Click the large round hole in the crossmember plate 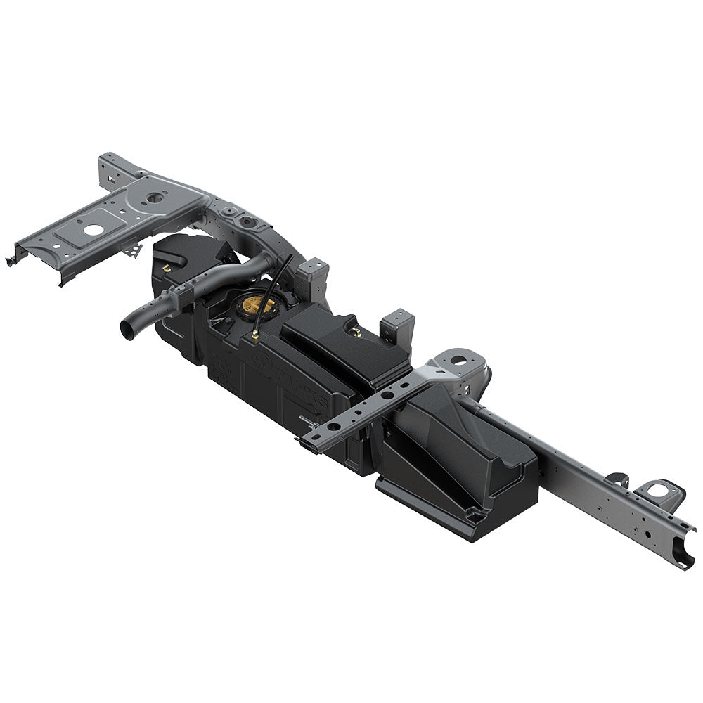92,229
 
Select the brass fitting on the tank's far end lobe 167,268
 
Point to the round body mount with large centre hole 458,360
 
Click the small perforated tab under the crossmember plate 131,249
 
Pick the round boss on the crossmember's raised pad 156,198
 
